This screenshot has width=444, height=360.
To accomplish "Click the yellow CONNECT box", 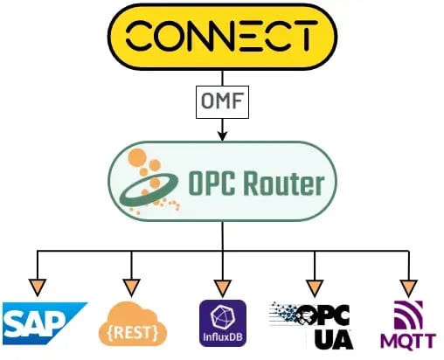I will [221, 36].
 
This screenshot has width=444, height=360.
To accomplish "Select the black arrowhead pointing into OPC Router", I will [222, 135].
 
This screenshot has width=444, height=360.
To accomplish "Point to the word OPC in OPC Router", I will [211, 184].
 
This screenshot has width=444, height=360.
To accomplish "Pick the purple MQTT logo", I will [404, 324].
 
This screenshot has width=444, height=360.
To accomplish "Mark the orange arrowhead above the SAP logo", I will [38, 287].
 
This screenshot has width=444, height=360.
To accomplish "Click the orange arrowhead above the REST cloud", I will [131, 287].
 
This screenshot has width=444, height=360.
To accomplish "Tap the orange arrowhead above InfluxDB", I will [222, 287].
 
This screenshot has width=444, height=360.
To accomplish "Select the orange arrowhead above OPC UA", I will [314, 287].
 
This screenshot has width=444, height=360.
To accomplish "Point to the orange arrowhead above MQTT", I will [406, 287].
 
